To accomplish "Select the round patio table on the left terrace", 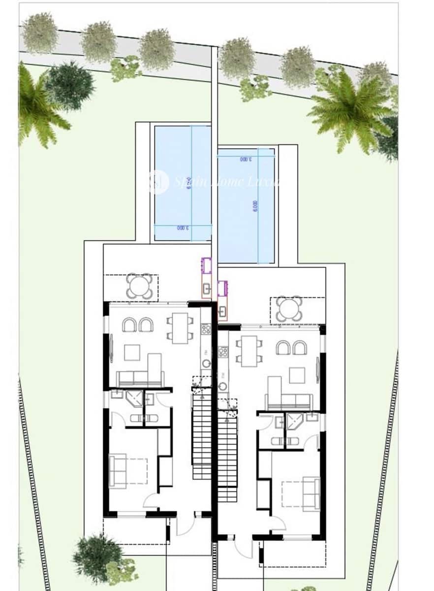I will pyautogui.click(x=139, y=286).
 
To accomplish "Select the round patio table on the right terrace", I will pyautogui.click(x=289, y=309).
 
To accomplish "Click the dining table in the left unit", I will pyautogui.click(x=180, y=328).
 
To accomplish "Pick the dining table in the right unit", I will pyautogui.click(x=249, y=351).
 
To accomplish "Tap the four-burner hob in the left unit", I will pyautogui.click(x=206, y=328).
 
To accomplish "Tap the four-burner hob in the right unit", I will pyautogui.click(x=223, y=352).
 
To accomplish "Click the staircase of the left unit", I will pyautogui.click(x=201, y=433).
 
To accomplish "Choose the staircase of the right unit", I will pyautogui.click(x=227, y=456).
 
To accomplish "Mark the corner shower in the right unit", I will pyautogui.click(x=295, y=422).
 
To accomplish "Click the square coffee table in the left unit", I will pyautogui.click(x=132, y=352).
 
